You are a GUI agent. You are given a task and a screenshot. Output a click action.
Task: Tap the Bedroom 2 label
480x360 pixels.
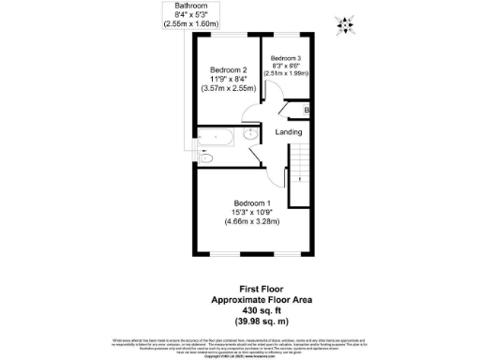(228, 70)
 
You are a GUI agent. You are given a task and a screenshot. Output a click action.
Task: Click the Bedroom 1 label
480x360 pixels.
(253, 203)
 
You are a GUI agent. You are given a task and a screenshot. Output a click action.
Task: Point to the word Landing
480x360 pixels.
(289, 132)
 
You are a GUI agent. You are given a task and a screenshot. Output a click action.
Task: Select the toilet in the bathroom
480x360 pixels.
(206, 160)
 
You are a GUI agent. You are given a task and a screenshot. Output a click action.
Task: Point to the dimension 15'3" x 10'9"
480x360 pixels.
(253, 213)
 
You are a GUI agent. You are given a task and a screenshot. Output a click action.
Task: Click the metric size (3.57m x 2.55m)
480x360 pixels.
(228, 89)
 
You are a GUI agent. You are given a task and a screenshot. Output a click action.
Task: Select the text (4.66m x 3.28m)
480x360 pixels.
(253, 222)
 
